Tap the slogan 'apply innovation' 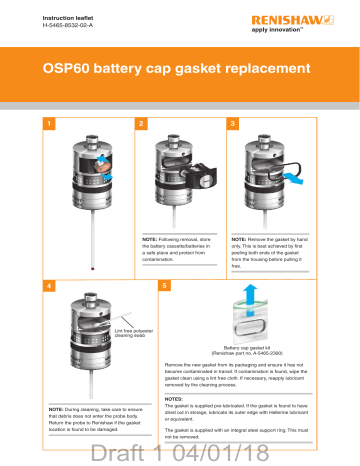tap(311, 32)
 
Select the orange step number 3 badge tap(233, 124)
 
